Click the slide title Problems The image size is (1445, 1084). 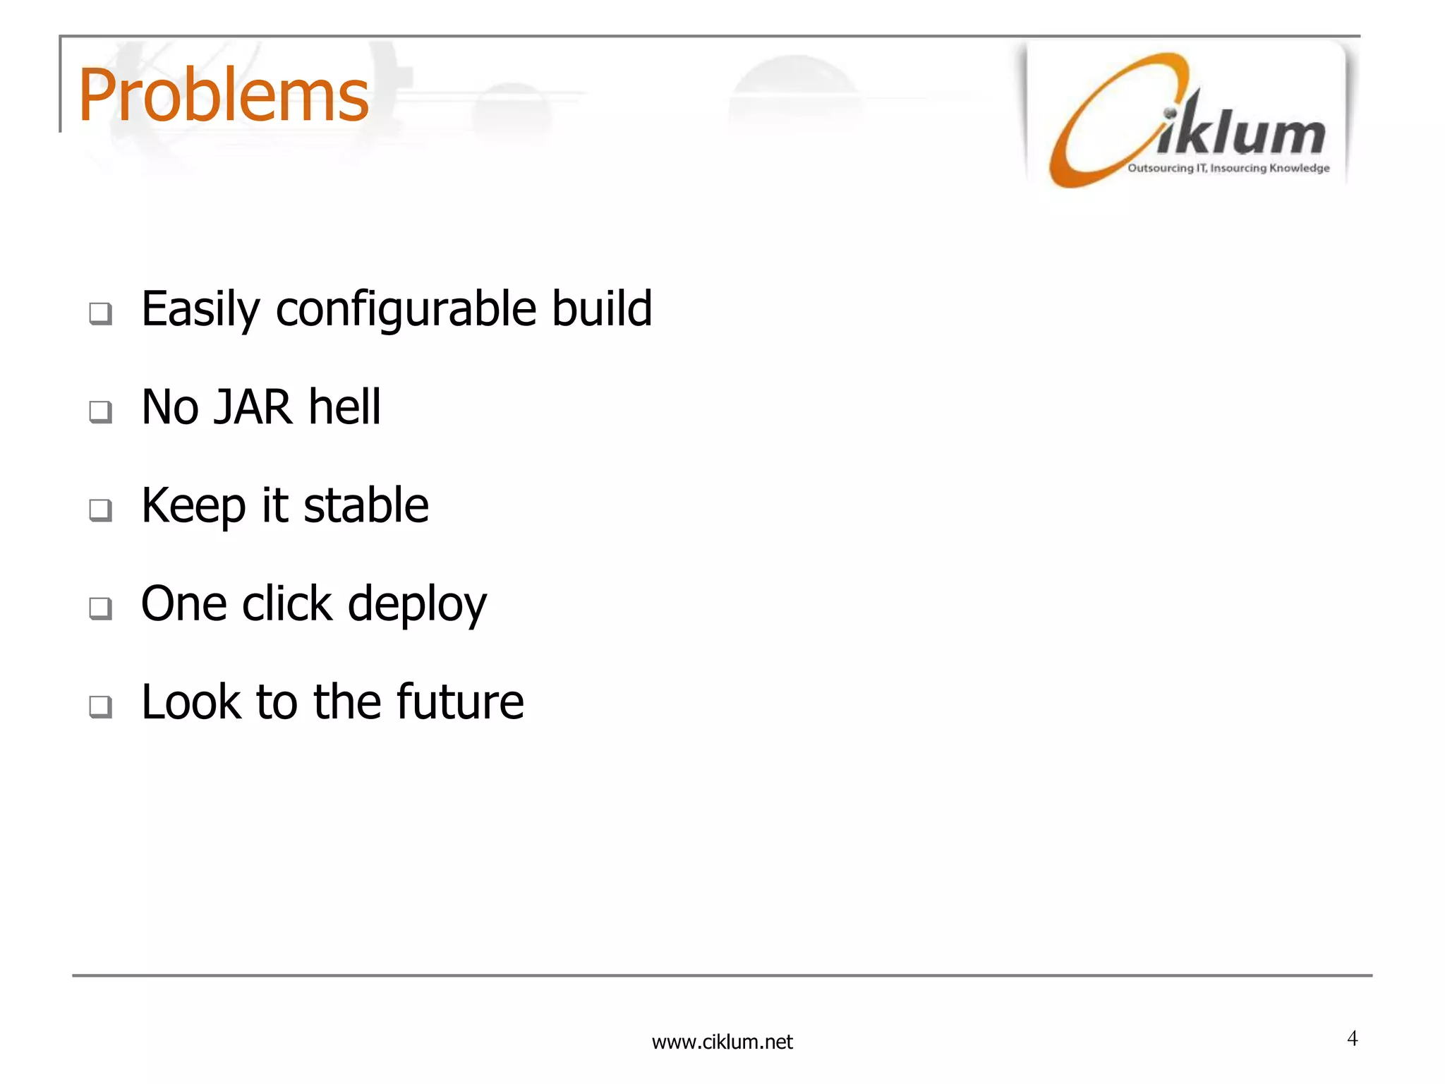(223, 95)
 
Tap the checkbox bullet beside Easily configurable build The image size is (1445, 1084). (100, 313)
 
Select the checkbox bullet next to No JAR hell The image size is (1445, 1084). (100, 411)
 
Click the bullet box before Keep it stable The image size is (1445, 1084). (100, 510)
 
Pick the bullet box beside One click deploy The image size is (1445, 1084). (100, 608)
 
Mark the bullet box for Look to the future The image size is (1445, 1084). (100, 706)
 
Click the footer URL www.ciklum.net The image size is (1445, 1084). (722, 1042)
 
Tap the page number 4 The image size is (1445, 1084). (1352, 1038)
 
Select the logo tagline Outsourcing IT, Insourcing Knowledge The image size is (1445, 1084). (1228, 168)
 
